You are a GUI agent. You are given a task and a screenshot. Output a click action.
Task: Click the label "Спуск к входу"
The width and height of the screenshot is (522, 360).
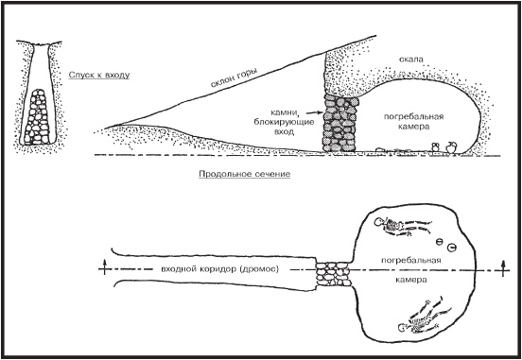click(99, 75)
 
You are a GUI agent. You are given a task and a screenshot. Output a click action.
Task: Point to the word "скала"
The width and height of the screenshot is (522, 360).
click(411, 60)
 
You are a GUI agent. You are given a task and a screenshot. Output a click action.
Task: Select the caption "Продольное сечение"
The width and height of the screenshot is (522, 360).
click(244, 174)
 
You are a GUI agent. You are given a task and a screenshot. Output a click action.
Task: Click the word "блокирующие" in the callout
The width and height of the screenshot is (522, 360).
click(284, 122)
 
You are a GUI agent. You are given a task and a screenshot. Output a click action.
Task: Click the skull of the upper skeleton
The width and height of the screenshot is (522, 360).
click(379, 222)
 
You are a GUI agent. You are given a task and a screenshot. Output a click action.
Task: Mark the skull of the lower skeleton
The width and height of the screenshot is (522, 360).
click(403, 328)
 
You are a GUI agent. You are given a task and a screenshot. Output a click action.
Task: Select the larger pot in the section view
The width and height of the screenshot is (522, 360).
click(451, 147)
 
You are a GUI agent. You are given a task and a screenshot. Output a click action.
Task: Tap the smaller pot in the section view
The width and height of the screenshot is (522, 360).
click(436, 146)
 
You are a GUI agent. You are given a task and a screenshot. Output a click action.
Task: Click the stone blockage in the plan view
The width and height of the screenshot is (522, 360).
click(333, 274)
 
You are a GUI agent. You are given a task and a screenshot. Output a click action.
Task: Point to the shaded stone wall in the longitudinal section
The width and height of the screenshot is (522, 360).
click(339, 123)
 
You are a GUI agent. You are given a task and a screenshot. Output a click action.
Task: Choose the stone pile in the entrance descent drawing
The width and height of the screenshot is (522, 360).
click(37, 117)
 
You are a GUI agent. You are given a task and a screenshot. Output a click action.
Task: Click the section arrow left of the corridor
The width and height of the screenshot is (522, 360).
click(105, 266)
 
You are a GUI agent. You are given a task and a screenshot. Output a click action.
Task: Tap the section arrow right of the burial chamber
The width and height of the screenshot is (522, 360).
click(503, 267)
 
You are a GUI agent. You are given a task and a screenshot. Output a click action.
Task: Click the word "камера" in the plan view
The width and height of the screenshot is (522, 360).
click(411, 280)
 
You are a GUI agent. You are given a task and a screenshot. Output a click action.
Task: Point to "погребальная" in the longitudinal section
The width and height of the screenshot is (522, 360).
click(414, 117)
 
